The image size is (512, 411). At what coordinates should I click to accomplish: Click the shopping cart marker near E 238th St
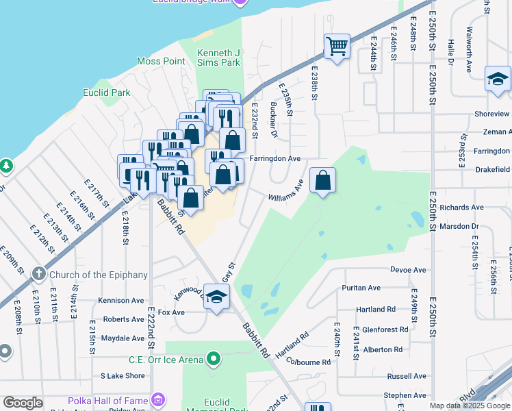[337, 47]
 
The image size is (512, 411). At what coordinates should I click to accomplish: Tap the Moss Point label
[161, 61]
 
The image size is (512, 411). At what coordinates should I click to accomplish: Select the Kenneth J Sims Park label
[218, 58]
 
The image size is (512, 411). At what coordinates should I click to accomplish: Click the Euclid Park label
[111, 92]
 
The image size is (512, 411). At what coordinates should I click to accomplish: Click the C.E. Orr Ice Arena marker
[214, 359]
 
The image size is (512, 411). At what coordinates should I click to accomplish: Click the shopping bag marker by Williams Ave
[323, 181]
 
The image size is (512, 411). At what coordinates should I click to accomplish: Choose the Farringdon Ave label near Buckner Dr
[275, 158]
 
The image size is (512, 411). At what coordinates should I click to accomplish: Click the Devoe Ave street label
[409, 270]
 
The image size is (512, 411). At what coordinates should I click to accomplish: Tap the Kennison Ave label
[121, 300]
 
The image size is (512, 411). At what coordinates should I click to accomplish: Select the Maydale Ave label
[122, 338]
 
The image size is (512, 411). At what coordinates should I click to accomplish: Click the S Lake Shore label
[123, 375]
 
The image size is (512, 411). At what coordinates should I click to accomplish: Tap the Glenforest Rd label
[385, 329]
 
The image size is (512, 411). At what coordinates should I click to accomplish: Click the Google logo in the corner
[23, 403]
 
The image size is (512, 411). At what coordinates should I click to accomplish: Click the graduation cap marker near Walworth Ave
[498, 79]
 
